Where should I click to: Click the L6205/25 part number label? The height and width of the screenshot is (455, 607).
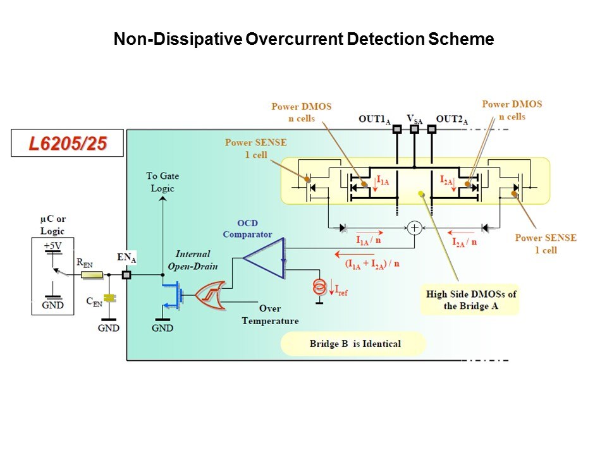[58, 143]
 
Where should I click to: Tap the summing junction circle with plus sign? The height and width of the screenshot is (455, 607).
[414, 227]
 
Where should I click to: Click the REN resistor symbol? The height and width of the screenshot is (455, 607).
[93, 275]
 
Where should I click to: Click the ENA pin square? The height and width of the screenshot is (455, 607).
[126, 275]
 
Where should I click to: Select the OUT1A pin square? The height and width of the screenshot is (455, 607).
[397, 130]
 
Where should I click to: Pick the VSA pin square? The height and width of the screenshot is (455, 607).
[415, 130]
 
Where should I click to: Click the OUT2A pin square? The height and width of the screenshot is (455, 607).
[432, 130]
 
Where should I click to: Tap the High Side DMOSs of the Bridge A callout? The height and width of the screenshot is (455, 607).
[470, 300]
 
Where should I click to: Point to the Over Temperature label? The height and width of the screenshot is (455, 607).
[269, 315]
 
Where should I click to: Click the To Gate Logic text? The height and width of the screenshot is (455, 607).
[162, 182]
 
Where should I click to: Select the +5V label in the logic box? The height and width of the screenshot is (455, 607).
[53, 245]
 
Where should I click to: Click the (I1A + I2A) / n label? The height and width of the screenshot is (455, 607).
[372, 264]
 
